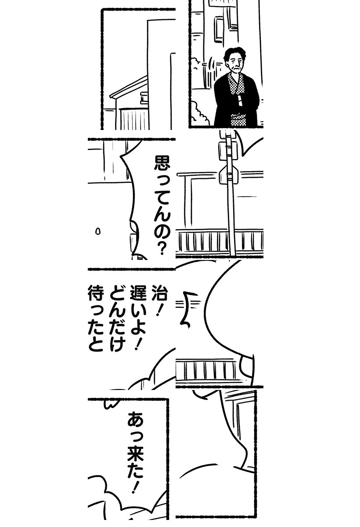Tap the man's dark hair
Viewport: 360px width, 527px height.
point(234,53)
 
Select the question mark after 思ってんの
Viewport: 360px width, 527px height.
point(162,249)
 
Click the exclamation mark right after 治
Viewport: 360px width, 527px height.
point(159,309)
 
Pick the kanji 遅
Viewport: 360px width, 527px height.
point(138,292)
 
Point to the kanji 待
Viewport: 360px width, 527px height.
point(96,292)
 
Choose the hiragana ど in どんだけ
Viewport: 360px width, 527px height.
point(117,292)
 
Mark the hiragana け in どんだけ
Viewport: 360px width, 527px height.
point(117,343)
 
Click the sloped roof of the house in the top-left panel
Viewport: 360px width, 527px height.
point(128,87)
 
